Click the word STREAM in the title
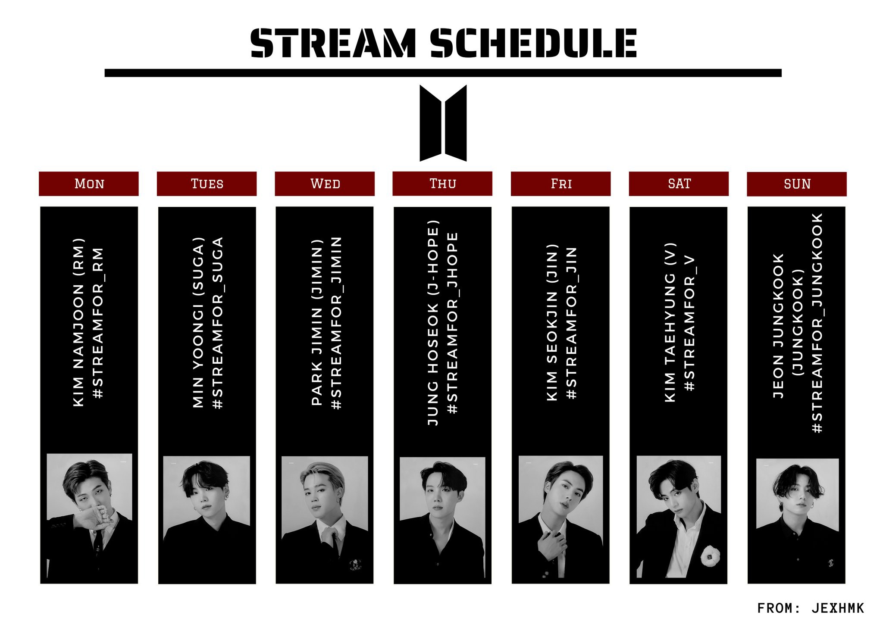pyautogui.click(x=333, y=43)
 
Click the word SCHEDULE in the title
pyautogui.click(x=533, y=43)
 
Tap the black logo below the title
pyautogui.click(x=443, y=123)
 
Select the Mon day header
pyautogui.click(x=89, y=184)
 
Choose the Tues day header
pyautogui.click(x=207, y=184)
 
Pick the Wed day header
pyautogui.click(x=325, y=184)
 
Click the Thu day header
pyautogui.click(x=442, y=184)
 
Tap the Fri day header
pyautogui.click(x=561, y=184)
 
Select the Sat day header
pyautogui.click(x=679, y=184)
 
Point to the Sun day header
pyautogui.click(x=797, y=184)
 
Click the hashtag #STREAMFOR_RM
pyautogui.click(x=98, y=323)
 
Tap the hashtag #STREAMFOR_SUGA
pyautogui.click(x=218, y=323)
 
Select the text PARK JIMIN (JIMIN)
pyautogui.click(x=317, y=323)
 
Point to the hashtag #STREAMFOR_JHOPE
pyautogui.click(x=452, y=323)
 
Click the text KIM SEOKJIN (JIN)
pyautogui.click(x=552, y=323)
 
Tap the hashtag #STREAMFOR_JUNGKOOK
pyautogui.click(x=817, y=323)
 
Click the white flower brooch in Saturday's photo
pyautogui.click(x=709, y=555)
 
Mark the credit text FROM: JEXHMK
pyautogui.click(x=811, y=608)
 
